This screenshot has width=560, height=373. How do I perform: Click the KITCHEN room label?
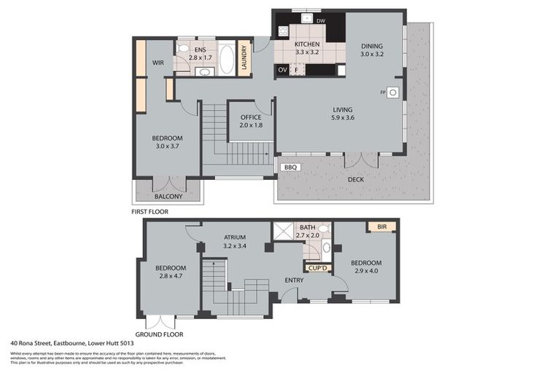point(308,44)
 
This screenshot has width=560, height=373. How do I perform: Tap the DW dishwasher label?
point(321,20)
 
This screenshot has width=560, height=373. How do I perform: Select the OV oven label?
point(283,70)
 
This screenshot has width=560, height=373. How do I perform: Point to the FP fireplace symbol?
point(392,93)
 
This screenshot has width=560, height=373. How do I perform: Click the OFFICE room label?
point(251,117)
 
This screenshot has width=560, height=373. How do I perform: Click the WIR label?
point(158,63)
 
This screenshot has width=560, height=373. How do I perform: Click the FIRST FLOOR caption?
point(149,212)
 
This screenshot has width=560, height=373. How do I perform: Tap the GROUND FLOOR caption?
point(159,334)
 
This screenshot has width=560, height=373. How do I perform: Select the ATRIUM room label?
point(234,237)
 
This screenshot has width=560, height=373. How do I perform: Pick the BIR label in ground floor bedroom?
point(381,227)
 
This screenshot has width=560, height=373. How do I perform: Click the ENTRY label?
point(294,280)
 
